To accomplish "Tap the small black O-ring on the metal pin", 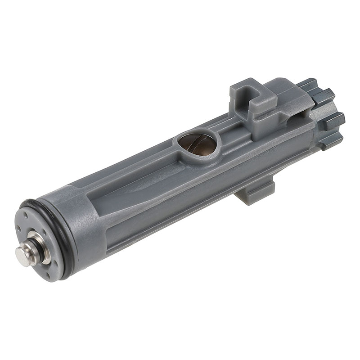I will (30, 246).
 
